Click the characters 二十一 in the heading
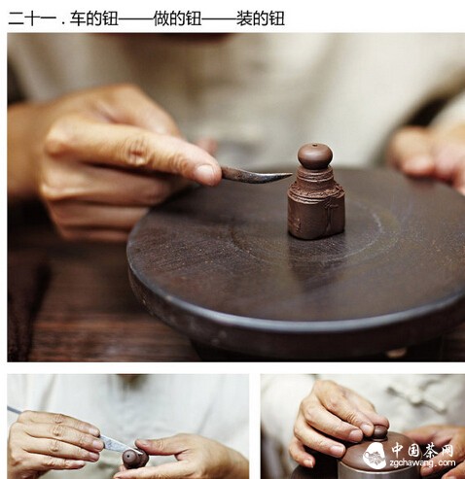(x=32, y=18)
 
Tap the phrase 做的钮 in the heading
(x=177, y=18)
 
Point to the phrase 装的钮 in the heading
(x=261, y=18)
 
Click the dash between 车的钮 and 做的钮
(x=136, y=18)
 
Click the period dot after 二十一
(x=63, y=23)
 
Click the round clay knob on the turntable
(x=315, y=156)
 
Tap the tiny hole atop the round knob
(x=313, y=146)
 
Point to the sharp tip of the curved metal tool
(x=291, y=175)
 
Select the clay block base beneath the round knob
(x=316, y=211)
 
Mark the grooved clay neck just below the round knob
(x=315, y=179)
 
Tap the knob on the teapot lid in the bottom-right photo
(x=379, y=432)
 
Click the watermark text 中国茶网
(x=422, y=450)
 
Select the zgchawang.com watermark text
(x=423, y=463)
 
